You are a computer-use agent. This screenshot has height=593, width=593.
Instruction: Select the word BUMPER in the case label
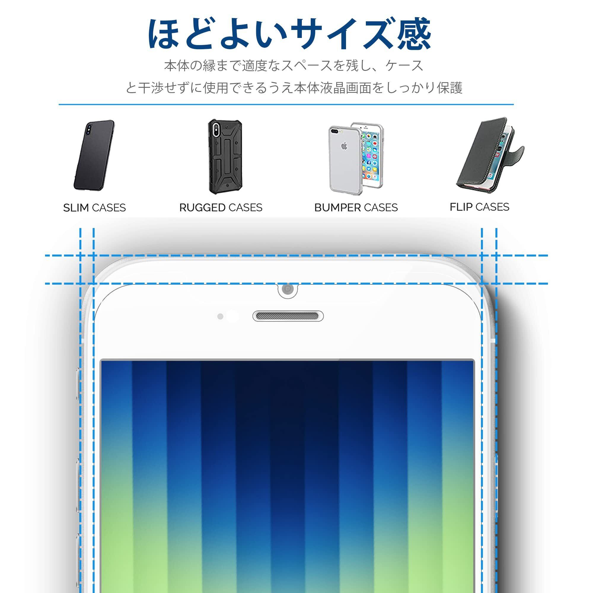(x=338, y=208)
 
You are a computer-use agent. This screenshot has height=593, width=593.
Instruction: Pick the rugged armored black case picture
(x=225, y=157)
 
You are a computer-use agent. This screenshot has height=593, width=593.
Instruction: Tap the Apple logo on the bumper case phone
(x=344, y=146)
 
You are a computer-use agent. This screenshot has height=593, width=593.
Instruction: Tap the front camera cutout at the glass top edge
(x=288, y=289)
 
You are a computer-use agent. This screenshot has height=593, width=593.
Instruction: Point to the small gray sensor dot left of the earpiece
(x=220, y=316)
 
